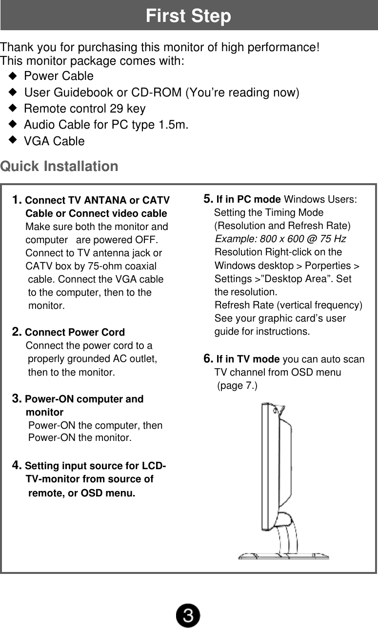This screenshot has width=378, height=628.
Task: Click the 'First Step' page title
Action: [x=188, y=16]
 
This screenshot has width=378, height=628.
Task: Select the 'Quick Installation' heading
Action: [x=59, y=167]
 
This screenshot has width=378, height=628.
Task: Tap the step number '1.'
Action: [x=17, y=200]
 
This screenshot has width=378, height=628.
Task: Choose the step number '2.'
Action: [x=17, y=332]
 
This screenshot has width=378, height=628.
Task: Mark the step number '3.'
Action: [x=17, y=399]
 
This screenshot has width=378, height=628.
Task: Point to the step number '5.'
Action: [x=208, y=199]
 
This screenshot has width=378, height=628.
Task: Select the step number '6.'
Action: [x=208, y=360]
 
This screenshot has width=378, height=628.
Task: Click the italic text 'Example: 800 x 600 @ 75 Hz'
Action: [x=280, y=239]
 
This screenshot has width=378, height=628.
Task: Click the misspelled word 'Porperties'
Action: [x=327, y=266]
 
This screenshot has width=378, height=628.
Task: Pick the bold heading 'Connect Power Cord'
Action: [x=75, y=333]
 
